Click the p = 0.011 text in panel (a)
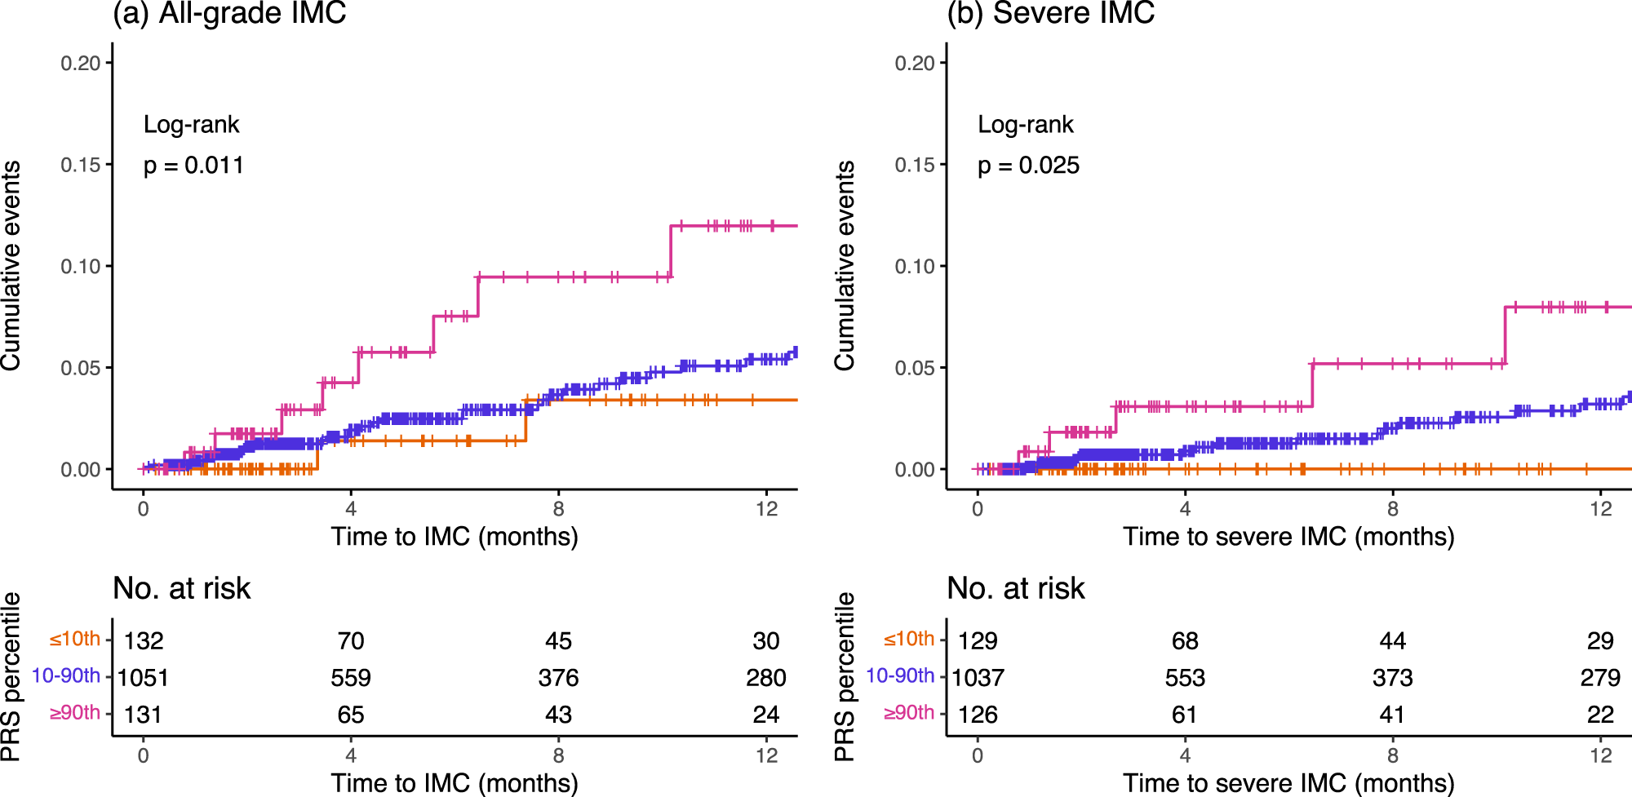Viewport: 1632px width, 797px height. [193, 166]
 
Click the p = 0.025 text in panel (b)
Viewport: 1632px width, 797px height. [1028, 166]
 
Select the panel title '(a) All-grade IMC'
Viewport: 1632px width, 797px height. [229, 13]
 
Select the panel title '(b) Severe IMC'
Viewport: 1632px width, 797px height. [1050, 13]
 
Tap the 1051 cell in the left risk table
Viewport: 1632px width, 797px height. [143, 678]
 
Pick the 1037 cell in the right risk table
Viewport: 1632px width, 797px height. [978, 678]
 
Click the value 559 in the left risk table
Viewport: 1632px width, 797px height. [351, 678]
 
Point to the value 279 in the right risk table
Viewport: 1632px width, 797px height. [1600, 678]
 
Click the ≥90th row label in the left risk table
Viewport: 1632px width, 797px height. [75, 713]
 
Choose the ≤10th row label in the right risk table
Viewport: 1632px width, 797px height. [909, 640]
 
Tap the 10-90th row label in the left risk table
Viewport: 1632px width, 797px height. [66, 676]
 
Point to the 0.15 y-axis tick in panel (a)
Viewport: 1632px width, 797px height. [80, 165]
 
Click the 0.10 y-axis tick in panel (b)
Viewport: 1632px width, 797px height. [914, 267]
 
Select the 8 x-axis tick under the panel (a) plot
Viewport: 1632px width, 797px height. [558, 510]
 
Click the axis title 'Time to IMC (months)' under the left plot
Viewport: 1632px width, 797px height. [455, 537]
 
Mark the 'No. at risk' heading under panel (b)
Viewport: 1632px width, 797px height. [1016, 588]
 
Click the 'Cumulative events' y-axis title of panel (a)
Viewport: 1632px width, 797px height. [11, 265]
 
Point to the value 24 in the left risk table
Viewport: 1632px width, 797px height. [765, 715]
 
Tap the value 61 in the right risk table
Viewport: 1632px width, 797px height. [1185, 715]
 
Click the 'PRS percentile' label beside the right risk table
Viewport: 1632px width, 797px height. [845, 677]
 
